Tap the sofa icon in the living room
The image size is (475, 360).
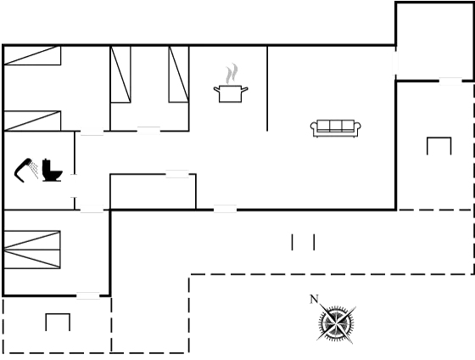pos(336,128)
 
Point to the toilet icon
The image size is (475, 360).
pos(52,170)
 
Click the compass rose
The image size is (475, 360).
pos(336,324)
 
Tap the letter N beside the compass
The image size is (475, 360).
pos(314,300)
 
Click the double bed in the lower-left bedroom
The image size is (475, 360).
pos(32,250)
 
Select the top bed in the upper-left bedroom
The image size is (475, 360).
pos(32,55)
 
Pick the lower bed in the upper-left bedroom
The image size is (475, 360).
pos(32,121)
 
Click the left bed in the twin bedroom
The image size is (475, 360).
pos(120,75)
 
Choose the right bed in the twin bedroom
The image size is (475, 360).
pos(179,75)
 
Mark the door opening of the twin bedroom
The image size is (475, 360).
pos(148,131)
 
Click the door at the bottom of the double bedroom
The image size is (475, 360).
pos(88,295)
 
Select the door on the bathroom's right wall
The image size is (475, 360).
pos(75,186)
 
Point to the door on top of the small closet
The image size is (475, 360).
pos(177,174)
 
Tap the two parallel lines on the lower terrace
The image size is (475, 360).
pos(303,242)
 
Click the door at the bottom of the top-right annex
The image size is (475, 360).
pos(450,81)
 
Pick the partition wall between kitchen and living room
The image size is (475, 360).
pos(267,88)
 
